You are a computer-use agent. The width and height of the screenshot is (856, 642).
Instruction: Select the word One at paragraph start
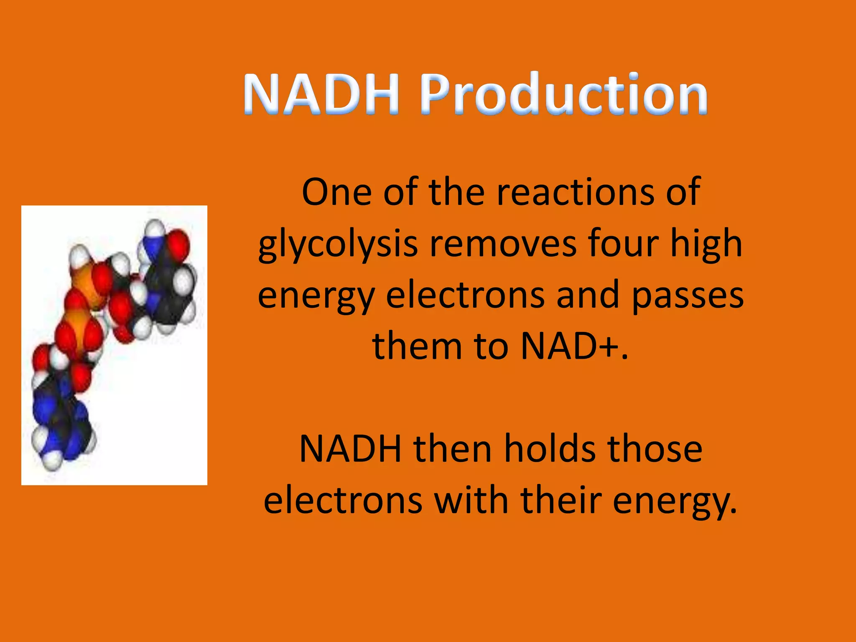coord(336,192)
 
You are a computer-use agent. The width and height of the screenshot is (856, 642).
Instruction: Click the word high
coord(706,245)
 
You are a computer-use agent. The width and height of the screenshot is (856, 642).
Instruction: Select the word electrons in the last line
coord(343,501)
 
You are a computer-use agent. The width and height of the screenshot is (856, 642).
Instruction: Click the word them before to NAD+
coord(416,346)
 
